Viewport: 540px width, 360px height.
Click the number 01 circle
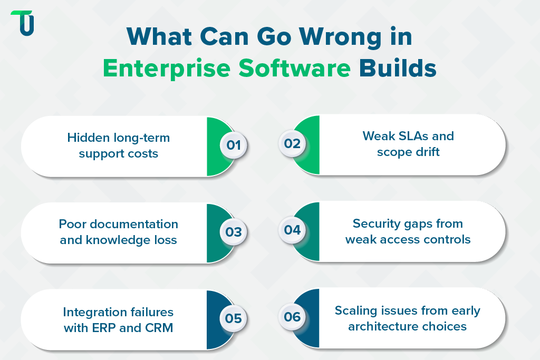coord(234,144)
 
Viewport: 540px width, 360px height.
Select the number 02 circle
coord(292,144)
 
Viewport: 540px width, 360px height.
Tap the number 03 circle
coord(234,231)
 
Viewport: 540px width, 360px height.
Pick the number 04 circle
coord(292,230)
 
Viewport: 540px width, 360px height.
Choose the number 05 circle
coord(234,318)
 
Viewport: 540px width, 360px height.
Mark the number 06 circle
coord(292,317)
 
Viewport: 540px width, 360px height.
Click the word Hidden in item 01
coord(88,138)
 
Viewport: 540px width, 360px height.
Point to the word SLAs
coord(410,136)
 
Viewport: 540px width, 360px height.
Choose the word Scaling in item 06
coord(356,310)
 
